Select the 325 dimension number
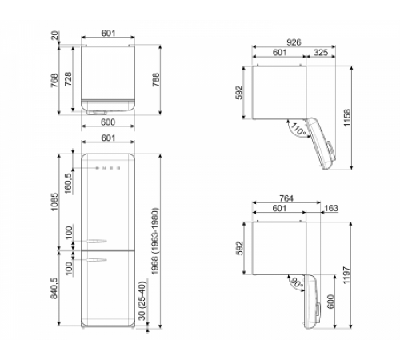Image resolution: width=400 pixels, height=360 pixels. (x=318, y=53)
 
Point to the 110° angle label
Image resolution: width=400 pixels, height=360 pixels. (x=298, y=128)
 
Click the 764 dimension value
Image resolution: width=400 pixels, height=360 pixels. (x=290, y=198)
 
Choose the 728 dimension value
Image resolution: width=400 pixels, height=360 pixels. (x=70, y=80)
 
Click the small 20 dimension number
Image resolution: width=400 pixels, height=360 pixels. (x=54, y=34)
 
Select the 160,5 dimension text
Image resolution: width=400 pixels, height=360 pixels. (x=70, y=185)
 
